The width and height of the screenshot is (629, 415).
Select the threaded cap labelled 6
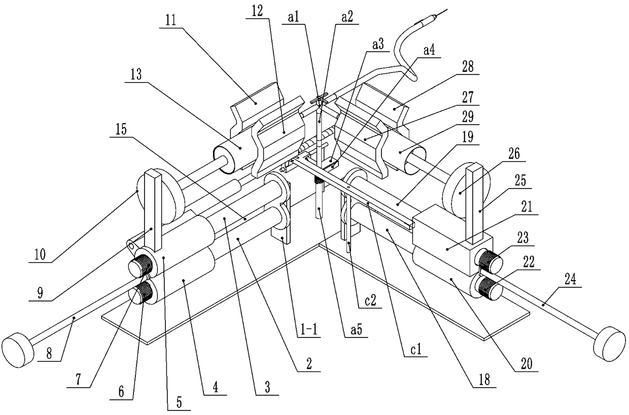point(144,294)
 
